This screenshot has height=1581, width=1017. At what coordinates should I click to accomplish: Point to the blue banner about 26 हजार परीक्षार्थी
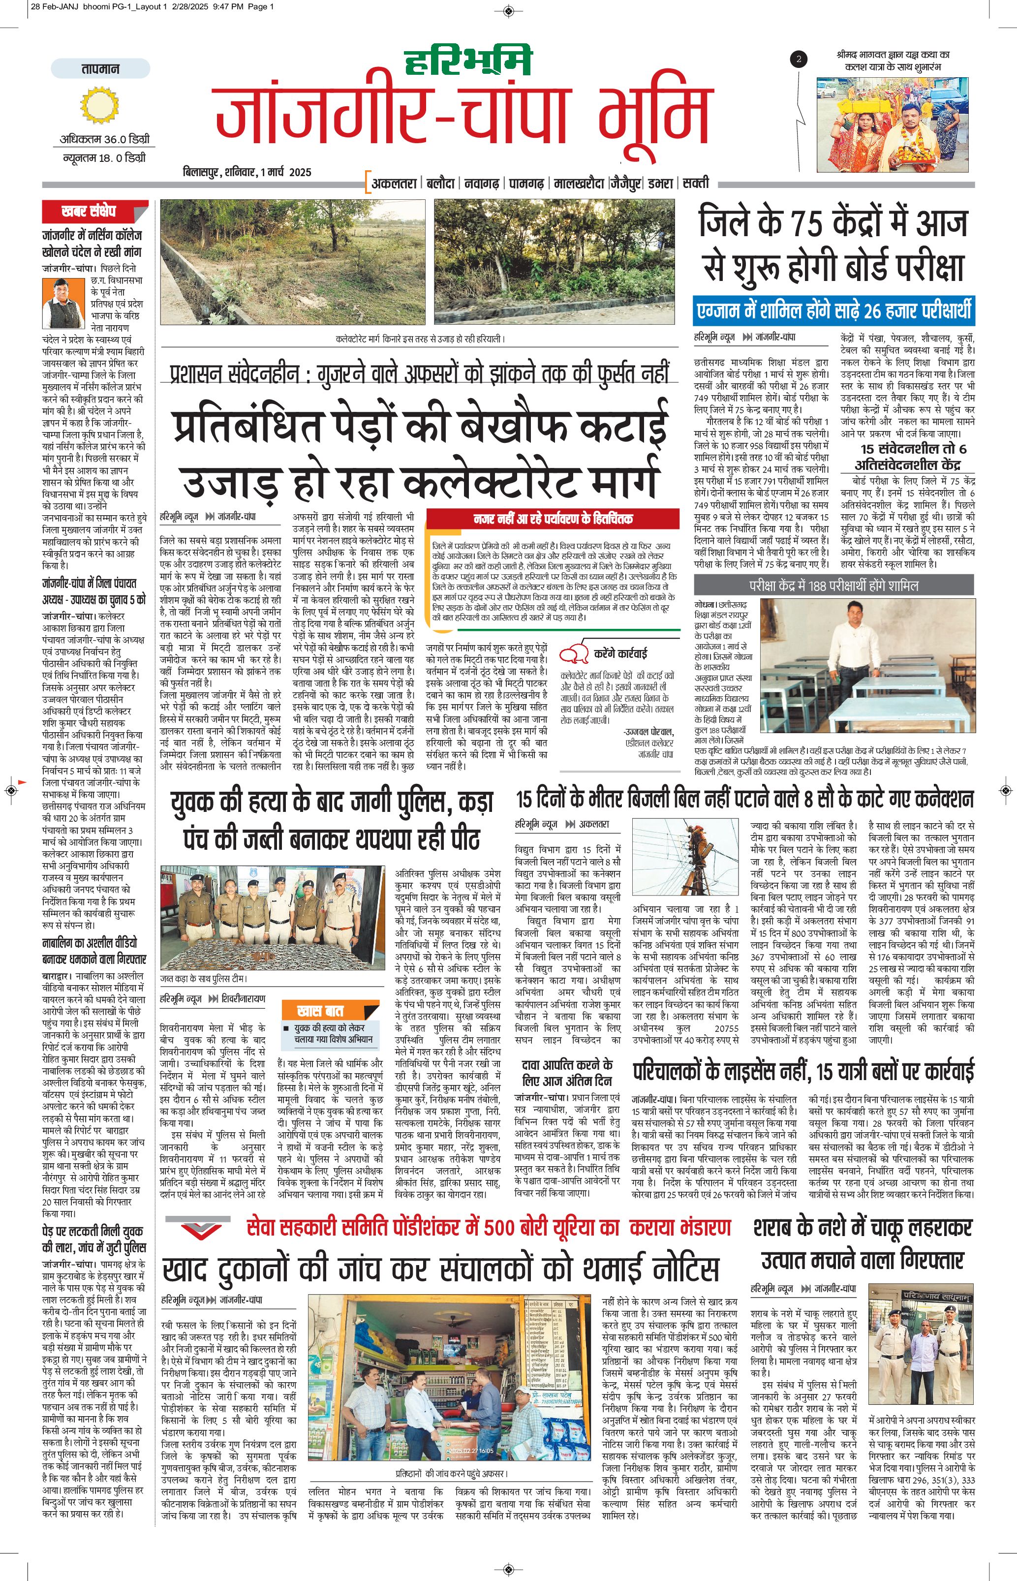pos(834,310)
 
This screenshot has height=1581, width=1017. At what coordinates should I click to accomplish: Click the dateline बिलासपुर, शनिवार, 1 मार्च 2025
pos(247,172)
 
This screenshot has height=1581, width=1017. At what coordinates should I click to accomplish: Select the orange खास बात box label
pos(321,1010)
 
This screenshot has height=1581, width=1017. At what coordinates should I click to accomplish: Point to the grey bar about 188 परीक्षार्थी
pos(833,585)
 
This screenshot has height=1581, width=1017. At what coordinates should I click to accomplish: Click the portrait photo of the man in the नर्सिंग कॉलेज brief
pos(63,303)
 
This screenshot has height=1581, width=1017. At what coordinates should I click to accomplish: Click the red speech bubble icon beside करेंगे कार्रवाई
pos(573,654)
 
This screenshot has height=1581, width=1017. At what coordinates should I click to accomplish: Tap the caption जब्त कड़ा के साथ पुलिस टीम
pos(205,978)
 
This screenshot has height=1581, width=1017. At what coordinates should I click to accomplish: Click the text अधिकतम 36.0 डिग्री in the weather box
pos(104,139)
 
